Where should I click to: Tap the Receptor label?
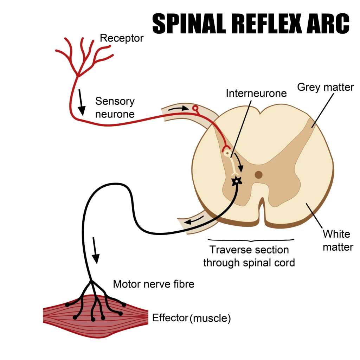[x=122, y=38]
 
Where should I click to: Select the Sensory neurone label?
[x=115, y=108]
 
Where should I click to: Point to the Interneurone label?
[x=256, y=93]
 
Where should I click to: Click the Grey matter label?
[x=326, y=87]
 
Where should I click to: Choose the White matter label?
[x=338, y=240]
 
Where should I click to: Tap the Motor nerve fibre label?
[x=153, y=284]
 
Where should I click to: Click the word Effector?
[x=170, y=318]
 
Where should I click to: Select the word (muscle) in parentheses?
[x=210, y=319]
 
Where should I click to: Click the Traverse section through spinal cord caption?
[x=249, y=256]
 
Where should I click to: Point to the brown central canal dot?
[x=259, y=175]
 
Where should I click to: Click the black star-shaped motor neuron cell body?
[x=237, y=181]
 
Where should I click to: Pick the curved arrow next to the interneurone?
[x=239, y=162]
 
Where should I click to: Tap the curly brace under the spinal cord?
[x=251, y=240]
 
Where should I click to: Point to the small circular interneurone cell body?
[x=227, y=153]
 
